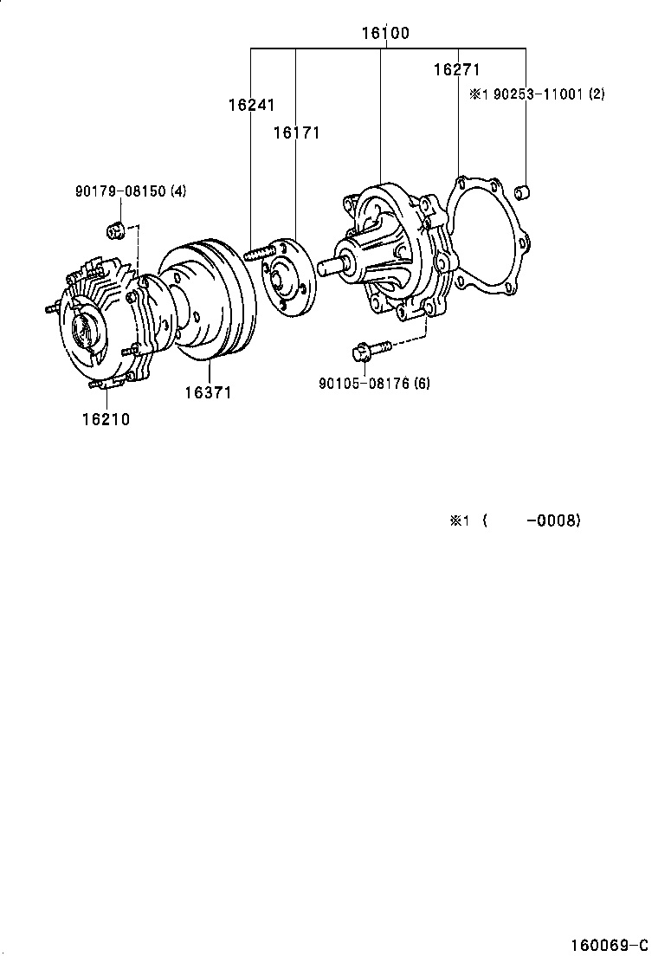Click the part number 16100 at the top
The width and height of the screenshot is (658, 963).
385,34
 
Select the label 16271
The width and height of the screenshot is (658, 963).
456,70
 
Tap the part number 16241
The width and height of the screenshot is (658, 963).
251,105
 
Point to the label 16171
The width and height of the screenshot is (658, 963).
296,132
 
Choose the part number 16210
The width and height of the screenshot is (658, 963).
106,419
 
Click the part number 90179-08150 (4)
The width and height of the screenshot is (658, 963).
130,191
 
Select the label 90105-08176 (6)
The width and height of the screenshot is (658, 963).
374,383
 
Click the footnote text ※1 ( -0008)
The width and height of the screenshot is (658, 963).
514,520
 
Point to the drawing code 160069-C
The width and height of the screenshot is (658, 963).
608,944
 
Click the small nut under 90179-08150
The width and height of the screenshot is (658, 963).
113,230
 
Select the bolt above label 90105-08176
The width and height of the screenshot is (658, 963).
367,350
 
